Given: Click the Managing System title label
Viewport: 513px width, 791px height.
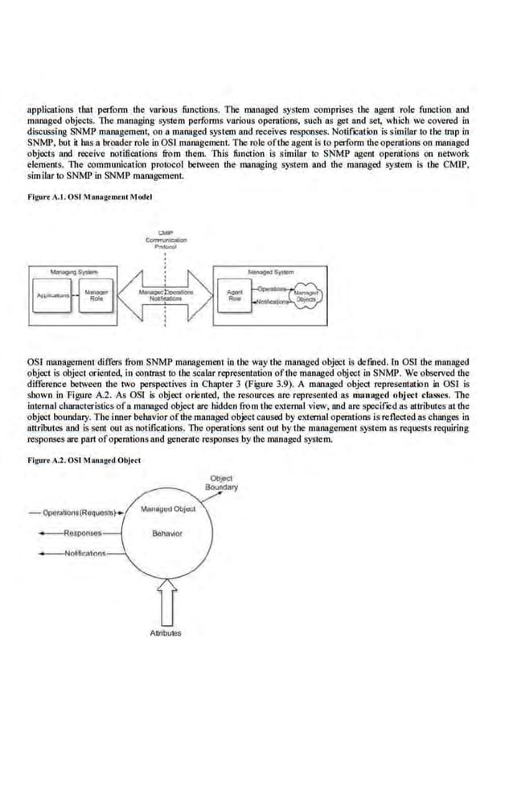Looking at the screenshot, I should pyautogui.click(x=73, y=274).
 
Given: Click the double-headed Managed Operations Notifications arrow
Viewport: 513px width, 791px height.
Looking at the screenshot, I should pyautogui.click(x=164, y=295).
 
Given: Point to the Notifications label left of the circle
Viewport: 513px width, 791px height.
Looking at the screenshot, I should pyautogui.click(x=84, y=554).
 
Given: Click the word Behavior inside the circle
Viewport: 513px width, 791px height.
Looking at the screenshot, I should pyautogui.click(x=166, y=534).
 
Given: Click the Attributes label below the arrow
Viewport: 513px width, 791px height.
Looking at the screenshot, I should pyautogui.click(x=166, y=632).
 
